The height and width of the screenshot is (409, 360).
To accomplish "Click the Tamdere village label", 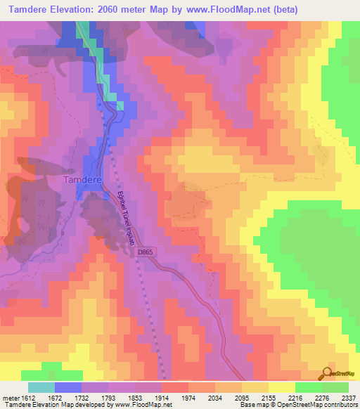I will click(84, 180).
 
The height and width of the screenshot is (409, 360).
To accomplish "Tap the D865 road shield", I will click(145, 252).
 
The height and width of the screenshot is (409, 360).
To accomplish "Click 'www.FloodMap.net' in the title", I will click(221, 9).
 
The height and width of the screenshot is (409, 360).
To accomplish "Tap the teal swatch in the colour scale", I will click(41, 387).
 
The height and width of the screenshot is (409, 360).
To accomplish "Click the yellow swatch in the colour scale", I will click(281, 387).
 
